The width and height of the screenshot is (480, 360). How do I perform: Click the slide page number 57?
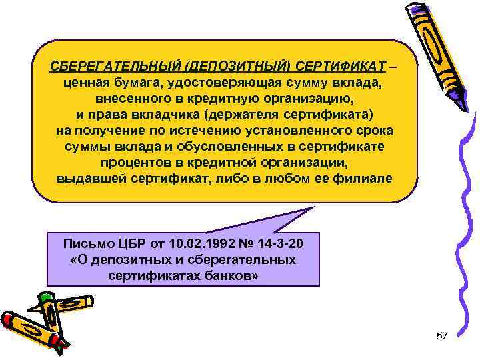[x=441, y=335]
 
